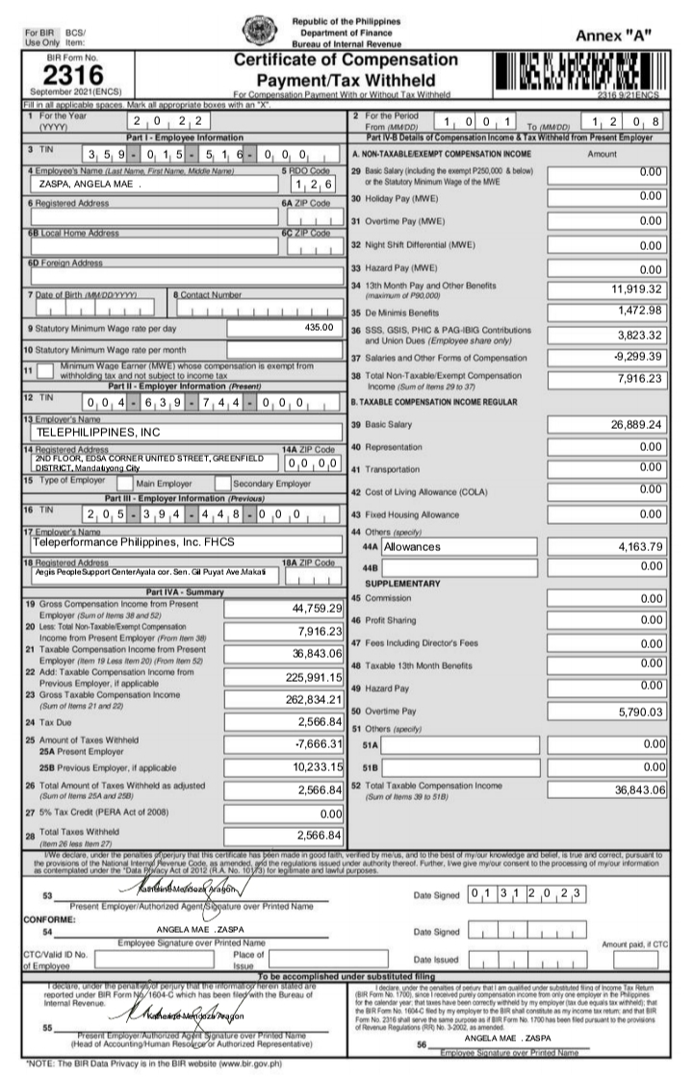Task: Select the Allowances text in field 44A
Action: tap(412, 546)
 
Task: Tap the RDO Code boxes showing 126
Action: tap(313, 185)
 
